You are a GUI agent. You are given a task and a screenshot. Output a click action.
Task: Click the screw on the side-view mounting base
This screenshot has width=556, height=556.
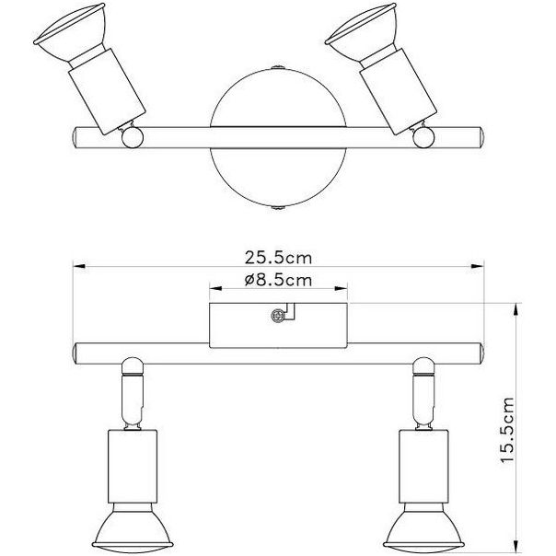(x=275, y=316)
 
